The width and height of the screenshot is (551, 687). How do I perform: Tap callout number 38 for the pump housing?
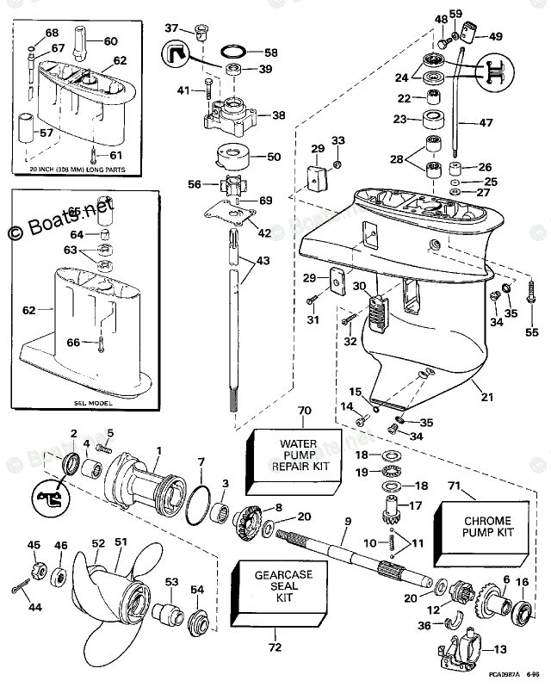tap(278, 115)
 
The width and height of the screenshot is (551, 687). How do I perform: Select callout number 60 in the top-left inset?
tap(111, 41)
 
